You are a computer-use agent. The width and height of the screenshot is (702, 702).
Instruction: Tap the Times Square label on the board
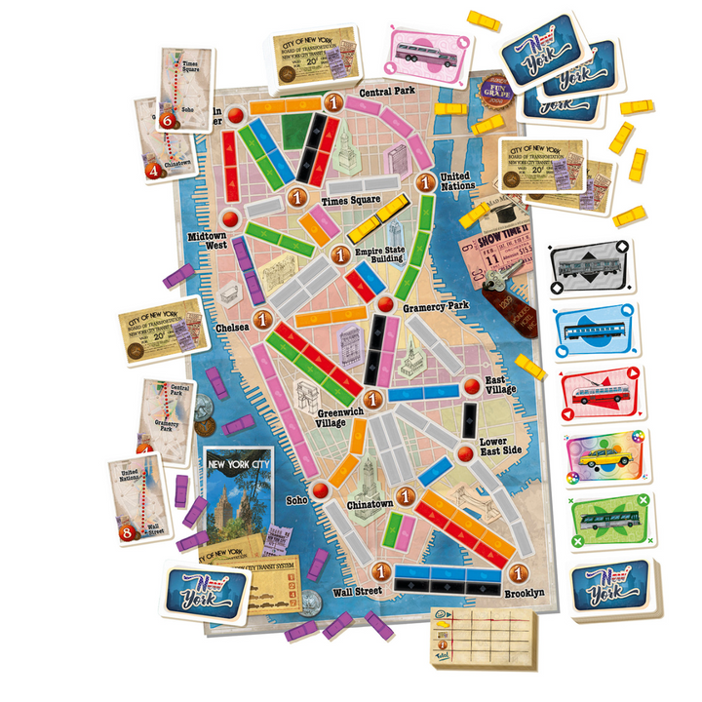point(350,201)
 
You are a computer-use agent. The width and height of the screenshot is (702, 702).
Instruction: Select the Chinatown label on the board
point(370,504)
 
